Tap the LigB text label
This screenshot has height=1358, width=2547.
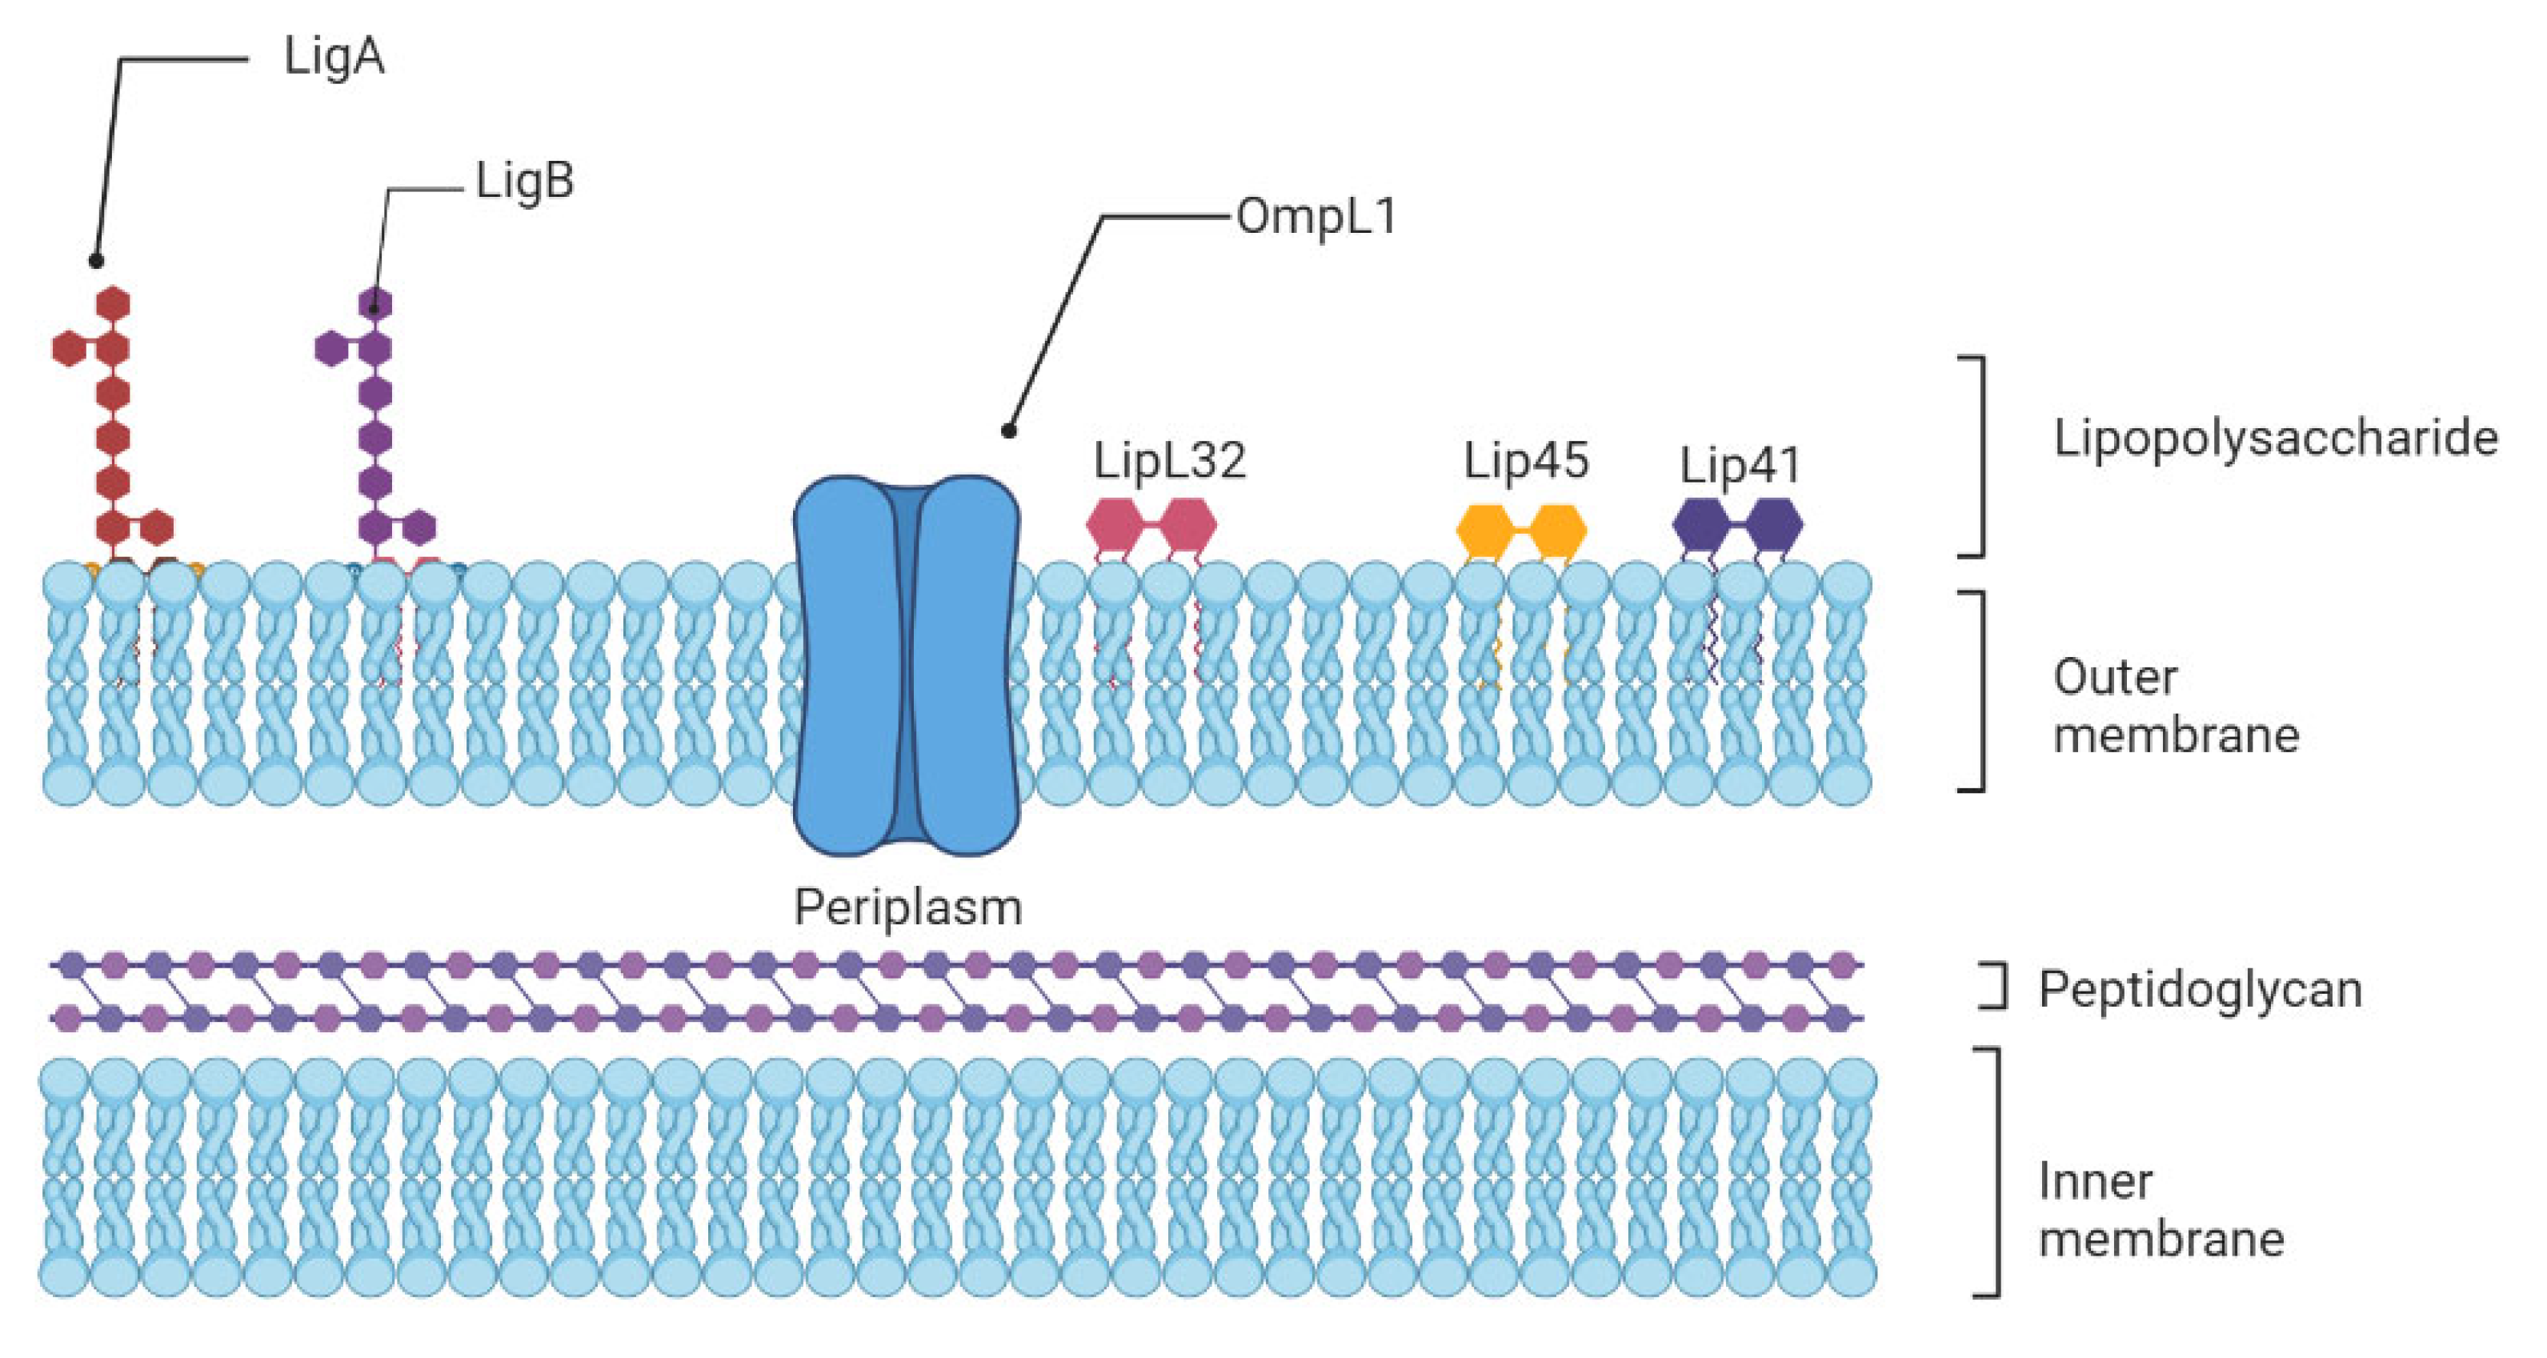524,182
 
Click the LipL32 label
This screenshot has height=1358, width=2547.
1169,461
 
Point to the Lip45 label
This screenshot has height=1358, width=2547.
1526,461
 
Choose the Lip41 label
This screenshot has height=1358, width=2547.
1740,466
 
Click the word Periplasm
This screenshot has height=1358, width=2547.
907,907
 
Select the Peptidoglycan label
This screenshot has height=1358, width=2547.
2200,988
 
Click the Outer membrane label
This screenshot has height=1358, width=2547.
2175,706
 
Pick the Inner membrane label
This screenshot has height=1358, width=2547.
2161,1210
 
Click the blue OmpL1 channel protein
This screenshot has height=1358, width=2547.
907,665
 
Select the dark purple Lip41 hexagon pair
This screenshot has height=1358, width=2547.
1737,525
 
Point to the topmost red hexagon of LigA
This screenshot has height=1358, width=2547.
114,303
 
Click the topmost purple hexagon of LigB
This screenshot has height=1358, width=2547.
374,303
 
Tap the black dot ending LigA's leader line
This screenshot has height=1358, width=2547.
96,261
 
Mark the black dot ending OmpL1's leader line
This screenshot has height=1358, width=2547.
1008,431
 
